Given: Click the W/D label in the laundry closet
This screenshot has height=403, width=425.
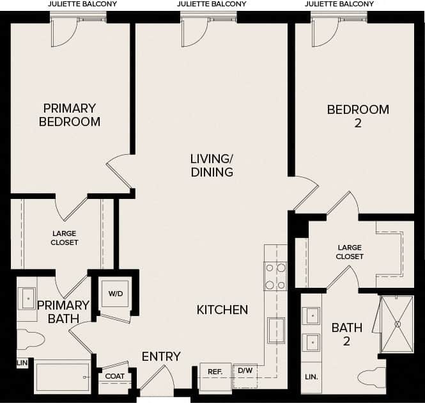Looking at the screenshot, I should click(116, 294).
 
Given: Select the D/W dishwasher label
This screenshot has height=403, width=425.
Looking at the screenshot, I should click(245, 370).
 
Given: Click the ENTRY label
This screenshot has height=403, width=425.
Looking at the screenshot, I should click(161, 356).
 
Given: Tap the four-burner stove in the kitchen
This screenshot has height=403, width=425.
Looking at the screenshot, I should click(275, 276).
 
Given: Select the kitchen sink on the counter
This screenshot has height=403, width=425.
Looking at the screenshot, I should click(276, 329).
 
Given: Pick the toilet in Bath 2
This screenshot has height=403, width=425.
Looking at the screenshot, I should click(372, 377).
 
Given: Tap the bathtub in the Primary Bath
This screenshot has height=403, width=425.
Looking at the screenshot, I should click(62, 377).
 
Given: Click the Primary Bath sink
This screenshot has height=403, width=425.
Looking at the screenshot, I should click(27, 298).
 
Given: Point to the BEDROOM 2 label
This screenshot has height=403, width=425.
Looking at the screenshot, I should click(357, 116).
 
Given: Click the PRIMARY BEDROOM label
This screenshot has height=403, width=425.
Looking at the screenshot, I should click(70, 115).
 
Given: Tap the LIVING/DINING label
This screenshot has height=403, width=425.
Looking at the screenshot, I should click(212, 165).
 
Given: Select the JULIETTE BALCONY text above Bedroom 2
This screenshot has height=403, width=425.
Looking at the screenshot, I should click(339, 4).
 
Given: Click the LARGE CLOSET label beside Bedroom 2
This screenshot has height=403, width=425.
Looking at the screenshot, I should click(350, 252).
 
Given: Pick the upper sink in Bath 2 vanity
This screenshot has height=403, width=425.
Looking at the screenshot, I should click(311, 315).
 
